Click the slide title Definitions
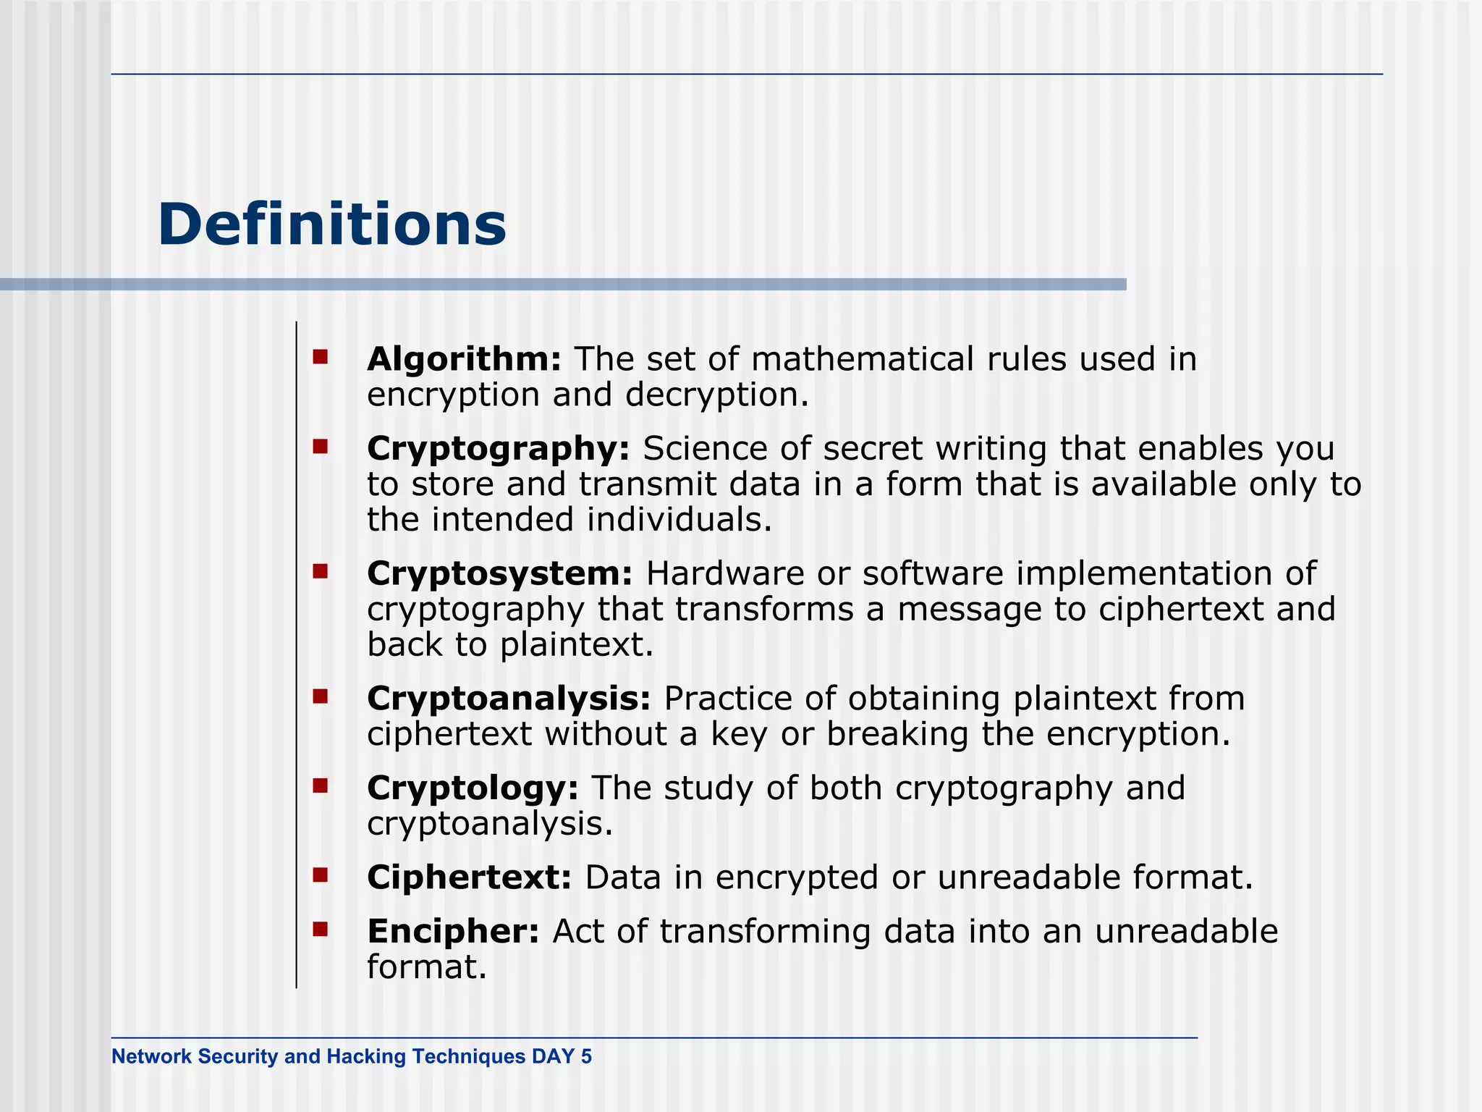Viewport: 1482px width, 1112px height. [331, 224]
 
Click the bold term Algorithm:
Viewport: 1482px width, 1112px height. [464, 359]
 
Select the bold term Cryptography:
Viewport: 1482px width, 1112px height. [499, 448]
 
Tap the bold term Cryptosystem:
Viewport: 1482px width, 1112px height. [500, 573]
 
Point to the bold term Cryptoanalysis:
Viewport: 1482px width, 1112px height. [509, 699]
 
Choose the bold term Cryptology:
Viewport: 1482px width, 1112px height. [473, 788]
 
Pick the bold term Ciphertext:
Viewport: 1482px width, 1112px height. [469, 877]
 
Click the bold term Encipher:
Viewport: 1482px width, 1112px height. [453, 931]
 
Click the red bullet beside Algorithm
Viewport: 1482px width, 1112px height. [321, 356]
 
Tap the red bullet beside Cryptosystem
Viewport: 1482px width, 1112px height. [321, 572]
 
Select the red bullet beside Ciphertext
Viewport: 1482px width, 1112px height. [321, 876]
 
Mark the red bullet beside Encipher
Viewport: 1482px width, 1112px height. [321, 929]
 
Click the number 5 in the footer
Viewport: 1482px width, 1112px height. [586, 1056]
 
